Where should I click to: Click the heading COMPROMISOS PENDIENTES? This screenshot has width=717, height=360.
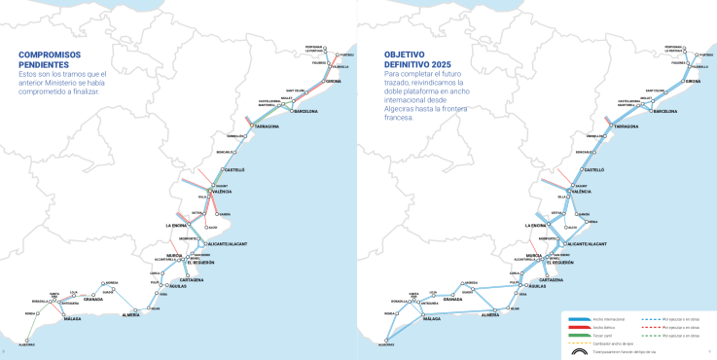[x=55, y=59]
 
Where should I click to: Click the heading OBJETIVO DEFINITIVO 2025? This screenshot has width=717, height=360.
[x=415, y=59]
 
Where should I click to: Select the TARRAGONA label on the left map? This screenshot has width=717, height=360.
[x=268, y=126]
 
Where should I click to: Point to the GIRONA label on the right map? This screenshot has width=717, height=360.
[x=693, y=81]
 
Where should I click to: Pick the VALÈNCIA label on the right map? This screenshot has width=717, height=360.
[x=581, y=192]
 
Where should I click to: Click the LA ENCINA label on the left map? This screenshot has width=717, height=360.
[x=175, y=226]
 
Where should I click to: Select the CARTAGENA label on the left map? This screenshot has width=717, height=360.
[x=191, y=279]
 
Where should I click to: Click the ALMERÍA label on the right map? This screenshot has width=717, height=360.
[x=490, y=315]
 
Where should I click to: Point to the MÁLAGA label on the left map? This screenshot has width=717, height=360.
[x=72, y=318]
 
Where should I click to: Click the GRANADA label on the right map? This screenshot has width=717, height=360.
[x=453, y=300]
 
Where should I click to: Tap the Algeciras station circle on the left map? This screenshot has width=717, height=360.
[x=26, y=342]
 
